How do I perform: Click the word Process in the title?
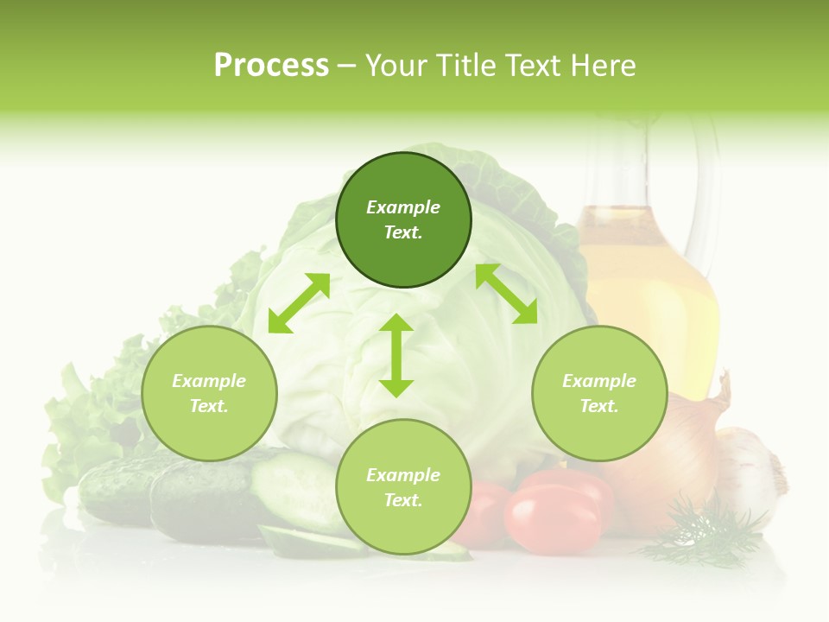click(271, 66)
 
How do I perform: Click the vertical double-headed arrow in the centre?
click(396, 355)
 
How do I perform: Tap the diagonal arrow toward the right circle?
click(506, 294)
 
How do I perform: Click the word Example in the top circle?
click(403, 207)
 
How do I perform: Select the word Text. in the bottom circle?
click(403, 500)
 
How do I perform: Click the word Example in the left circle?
click(209, 381)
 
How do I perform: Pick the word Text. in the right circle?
click(599, 406)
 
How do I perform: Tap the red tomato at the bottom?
click(553, 518)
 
